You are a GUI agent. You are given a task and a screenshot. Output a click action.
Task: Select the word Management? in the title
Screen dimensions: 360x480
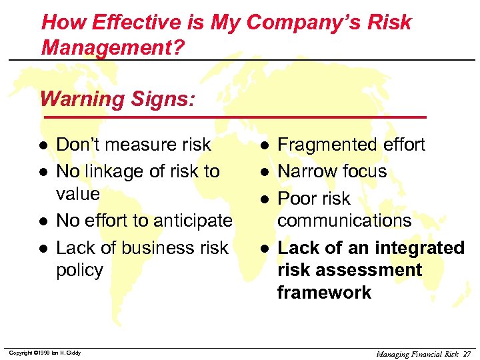[112, 48]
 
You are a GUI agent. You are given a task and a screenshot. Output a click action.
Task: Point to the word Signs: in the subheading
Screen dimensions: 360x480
[163, 99]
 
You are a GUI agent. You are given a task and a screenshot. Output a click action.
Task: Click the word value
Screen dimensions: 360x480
[78, 194]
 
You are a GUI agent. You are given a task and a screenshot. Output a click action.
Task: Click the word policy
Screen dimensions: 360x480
[79, 270]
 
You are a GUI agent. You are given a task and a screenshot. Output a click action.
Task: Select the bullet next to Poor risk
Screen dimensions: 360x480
[265, 199]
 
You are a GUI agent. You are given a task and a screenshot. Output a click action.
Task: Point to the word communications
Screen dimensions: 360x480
[344, 221]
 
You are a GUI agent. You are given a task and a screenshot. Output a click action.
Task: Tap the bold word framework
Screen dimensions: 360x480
[324, 293]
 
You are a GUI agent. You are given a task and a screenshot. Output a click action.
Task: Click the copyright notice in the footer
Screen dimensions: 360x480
[45, 353]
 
